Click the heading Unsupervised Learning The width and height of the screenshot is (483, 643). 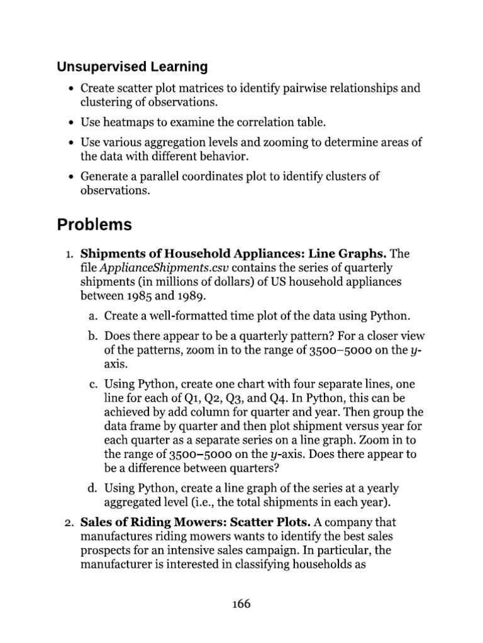click(x=132, y=66)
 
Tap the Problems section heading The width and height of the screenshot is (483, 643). click(x=94, y=224)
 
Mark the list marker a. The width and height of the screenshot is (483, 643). click(x=92, y=315)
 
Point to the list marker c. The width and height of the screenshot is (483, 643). click(x=92, y=383)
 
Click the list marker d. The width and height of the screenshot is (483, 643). click(x=92, y=487)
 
